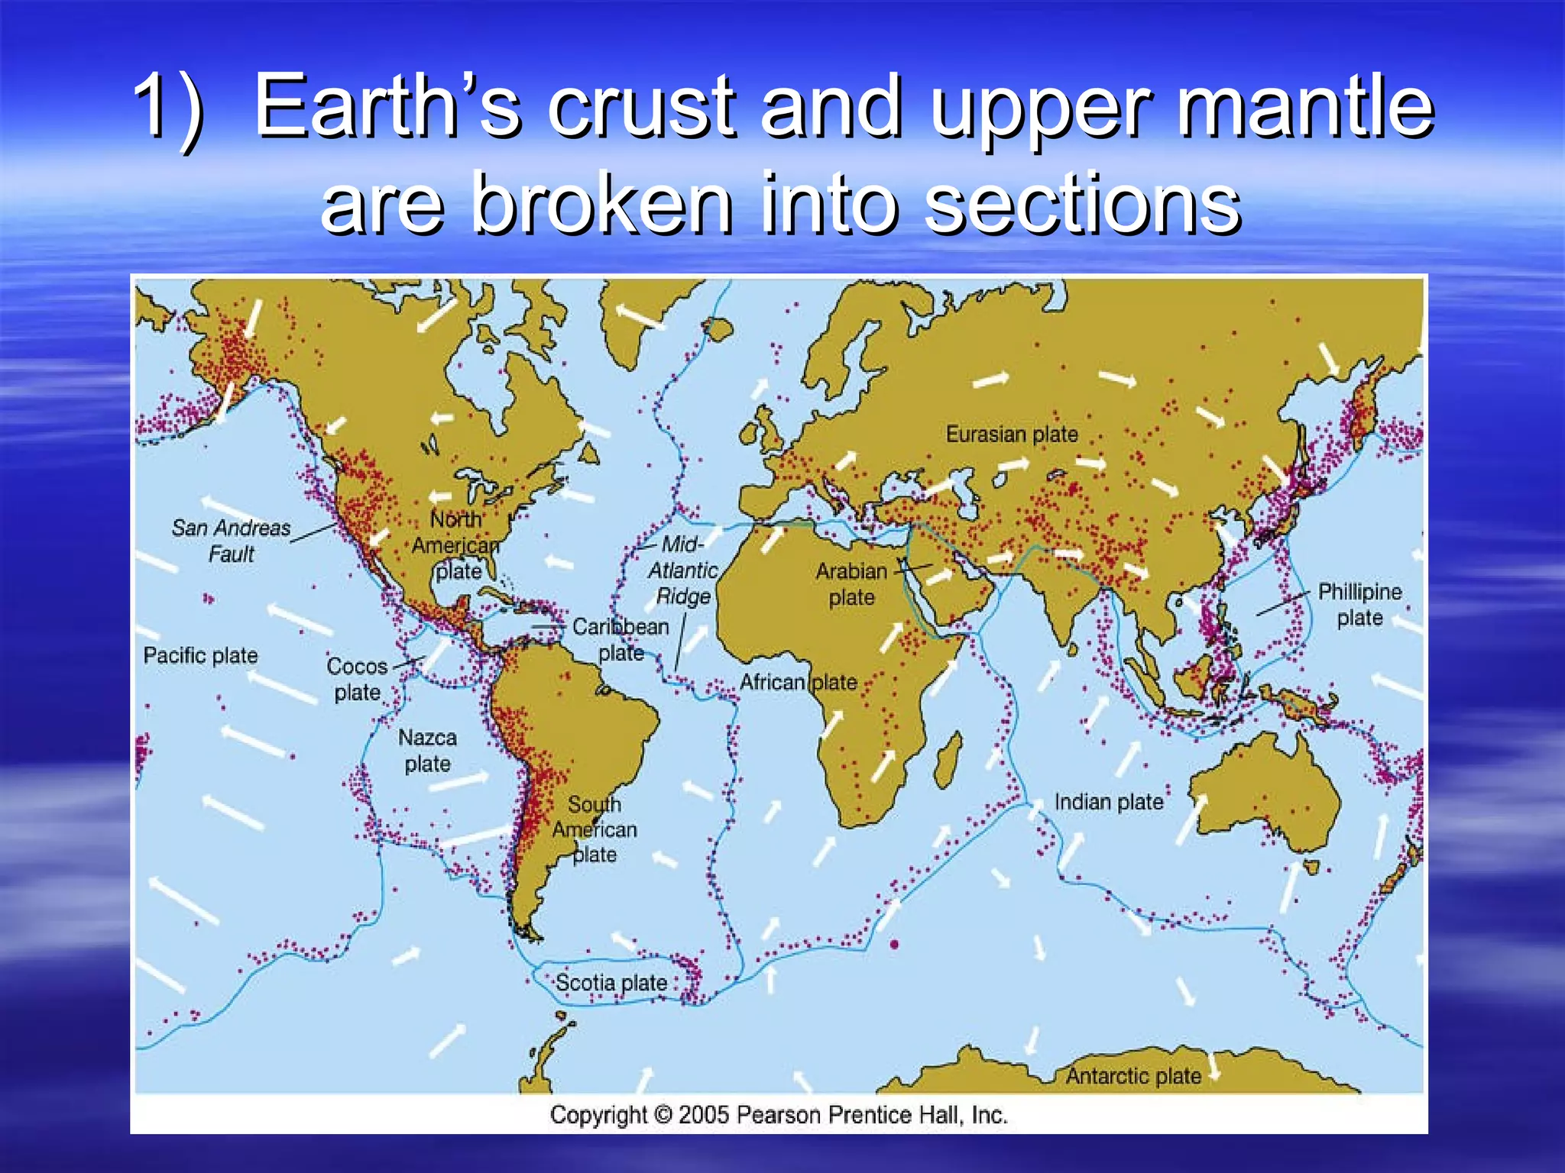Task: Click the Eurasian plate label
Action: point(1011,435)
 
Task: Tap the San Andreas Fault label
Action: point(231,541)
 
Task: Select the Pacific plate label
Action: point(200,655)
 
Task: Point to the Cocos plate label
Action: point(357,679)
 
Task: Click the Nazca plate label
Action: point(427,751)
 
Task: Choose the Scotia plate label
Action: point(611,983)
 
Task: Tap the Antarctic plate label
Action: point(1133,1076)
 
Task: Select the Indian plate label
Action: point(1108,802)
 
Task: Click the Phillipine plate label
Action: point(1359,604)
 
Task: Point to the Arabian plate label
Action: point(851,584)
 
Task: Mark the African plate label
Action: point(798,682)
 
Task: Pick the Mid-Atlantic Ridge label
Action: point(682,570)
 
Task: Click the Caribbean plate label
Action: point(620,639)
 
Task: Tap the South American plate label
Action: point(595,829)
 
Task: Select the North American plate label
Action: point(456,545)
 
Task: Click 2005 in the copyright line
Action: point(703,1115)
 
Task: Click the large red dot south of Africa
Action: point(894,945)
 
